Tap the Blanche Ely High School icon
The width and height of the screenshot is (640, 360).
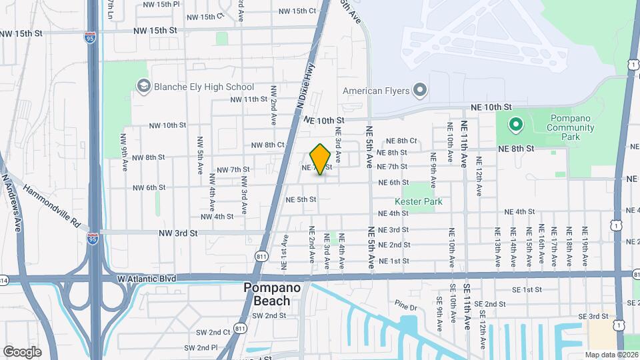pyautogui.click(x=143, y=87)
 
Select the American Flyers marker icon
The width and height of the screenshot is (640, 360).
pyautogui.click(x=419, y=90)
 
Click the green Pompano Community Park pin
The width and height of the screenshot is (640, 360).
pyautogui.click(x=515, y=124)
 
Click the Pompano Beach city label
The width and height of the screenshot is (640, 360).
pyautogui.click(x=267, y=294)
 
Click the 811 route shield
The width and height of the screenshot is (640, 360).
pyautogui.click(x=261, y=256)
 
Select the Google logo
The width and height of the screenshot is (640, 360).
pyautogui.click(x=22, y=351)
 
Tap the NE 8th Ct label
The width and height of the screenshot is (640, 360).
pyautogui.click(x=401, y=141)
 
